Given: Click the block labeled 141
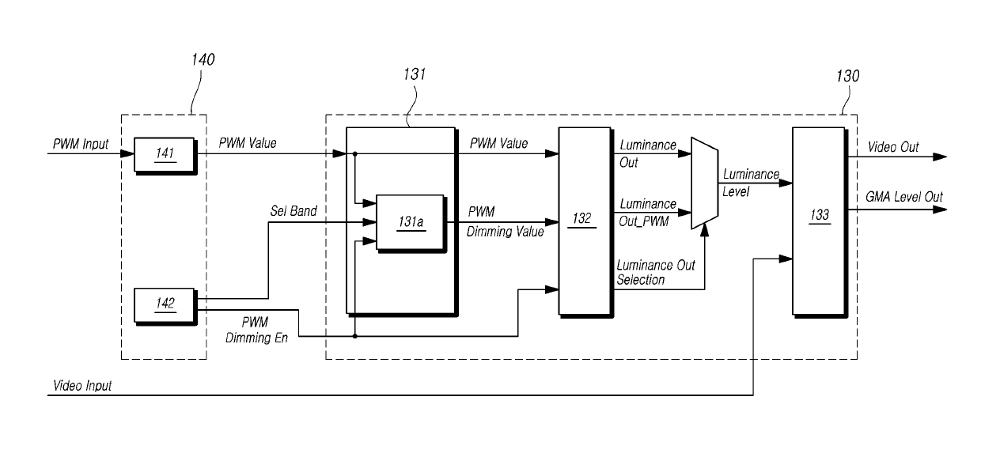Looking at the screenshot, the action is [165, 156].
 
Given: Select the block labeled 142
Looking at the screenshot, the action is [165, 305].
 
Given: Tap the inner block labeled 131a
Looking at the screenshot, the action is [411, 223].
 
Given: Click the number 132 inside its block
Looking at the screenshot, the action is [581, 218].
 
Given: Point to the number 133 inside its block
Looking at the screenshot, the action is [820, 214].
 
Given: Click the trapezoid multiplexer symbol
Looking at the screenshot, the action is [704, 183].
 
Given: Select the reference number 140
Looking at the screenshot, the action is [203, 59].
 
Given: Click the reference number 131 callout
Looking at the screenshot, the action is [415, 74].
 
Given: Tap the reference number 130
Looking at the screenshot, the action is [847, 76].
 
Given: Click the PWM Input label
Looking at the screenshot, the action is [81, 144].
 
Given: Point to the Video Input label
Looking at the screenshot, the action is [82, 386].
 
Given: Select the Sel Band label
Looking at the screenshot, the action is [294, 211].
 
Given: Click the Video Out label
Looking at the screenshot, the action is [893, 147].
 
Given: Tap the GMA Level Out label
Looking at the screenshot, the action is [904, 197].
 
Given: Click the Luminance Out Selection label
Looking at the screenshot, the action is [656, 272].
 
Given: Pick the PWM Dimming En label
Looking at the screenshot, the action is [256, 330].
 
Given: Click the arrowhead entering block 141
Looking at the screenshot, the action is [127, 153].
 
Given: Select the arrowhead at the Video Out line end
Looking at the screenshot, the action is [940, 157].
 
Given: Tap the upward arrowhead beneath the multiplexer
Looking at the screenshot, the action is [704, 230].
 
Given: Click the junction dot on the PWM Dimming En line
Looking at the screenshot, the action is [354, 336].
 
